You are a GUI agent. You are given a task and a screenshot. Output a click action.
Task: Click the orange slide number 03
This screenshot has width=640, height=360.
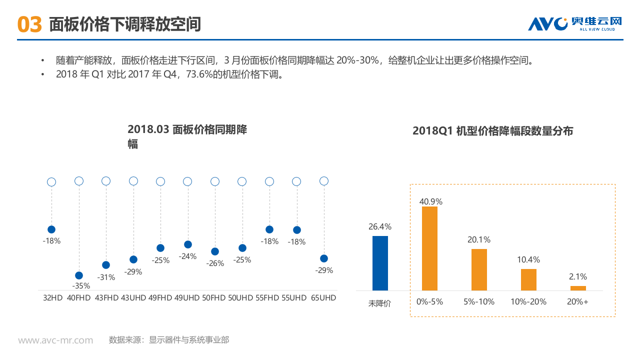click(29, 24)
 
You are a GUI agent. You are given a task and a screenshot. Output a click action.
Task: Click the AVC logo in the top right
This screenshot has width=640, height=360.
click(575, 24)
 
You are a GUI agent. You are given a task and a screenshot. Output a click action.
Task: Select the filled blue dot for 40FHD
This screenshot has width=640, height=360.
click(78, 275)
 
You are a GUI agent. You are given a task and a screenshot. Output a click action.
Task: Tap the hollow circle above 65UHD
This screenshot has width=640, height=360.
click(324, 181)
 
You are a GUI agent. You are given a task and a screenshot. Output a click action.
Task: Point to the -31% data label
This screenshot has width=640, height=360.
click(105, 277)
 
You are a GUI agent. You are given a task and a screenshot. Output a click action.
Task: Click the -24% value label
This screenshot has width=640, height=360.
click(187, 256)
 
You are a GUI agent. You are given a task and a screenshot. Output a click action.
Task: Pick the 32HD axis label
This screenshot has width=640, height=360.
click(52, 297)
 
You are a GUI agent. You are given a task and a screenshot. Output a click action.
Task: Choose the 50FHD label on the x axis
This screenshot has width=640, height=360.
click(214, 297)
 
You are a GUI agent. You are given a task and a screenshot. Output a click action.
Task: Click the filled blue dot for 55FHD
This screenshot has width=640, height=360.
click(269, 229)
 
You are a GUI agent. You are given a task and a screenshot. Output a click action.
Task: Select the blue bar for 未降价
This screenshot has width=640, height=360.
click(380, 263)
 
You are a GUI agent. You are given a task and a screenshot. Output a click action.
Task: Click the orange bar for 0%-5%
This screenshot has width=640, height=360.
click(429, 248)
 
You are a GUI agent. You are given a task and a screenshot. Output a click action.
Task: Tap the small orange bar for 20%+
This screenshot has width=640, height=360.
click(578, 288)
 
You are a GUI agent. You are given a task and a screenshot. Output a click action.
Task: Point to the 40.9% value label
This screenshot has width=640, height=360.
click(430, 201)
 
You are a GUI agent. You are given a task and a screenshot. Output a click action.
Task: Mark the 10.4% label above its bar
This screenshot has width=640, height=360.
click(528, 260)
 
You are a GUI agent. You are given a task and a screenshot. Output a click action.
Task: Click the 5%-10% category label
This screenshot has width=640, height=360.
click(479, 301)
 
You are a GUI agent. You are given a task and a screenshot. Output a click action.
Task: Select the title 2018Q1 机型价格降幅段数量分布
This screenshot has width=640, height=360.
click(492, 131)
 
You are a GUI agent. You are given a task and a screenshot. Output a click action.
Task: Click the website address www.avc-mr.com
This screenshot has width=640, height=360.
click(55, 340)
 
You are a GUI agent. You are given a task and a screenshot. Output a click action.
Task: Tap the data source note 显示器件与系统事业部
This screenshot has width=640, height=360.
click(189, 340)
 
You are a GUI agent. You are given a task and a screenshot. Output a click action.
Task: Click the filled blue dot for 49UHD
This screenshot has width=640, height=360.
click(188, 244)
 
